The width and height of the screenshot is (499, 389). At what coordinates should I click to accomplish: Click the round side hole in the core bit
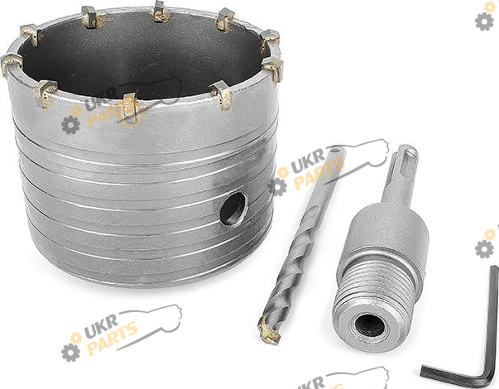pos(233,209)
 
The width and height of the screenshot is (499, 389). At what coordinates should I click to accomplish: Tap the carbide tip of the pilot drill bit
pos(269,333)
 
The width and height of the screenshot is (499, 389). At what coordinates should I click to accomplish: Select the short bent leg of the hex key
pos(453,373)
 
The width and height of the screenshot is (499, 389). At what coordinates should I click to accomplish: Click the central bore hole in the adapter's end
pos(369,325)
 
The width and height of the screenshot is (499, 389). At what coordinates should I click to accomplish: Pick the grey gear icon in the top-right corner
pos(484,22)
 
